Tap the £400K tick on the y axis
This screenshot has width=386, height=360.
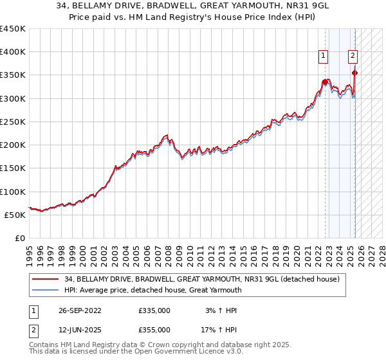click(13, 52)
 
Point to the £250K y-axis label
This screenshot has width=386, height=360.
click(13, 122)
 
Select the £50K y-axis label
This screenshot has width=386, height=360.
click(15, 215)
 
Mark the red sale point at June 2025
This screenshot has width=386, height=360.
click(354, 73)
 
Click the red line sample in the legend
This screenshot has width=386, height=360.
click(46, 280)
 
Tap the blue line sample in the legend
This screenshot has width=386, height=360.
click(46, 291)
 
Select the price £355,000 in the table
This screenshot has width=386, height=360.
click(154, 329)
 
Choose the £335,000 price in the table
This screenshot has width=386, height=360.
click(154, 310)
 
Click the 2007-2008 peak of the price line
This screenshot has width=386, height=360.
click(166, 136)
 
